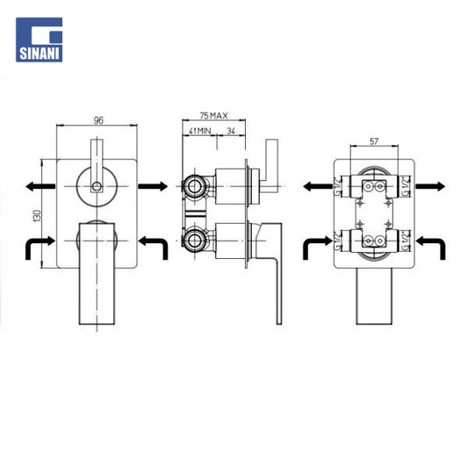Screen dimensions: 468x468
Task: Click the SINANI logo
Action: pyautogui.click(x=40, y=40)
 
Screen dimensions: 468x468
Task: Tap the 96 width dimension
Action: pyautogui.click(x=98, y=120)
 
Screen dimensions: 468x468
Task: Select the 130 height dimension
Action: pyautogui.click(x=37, y=215)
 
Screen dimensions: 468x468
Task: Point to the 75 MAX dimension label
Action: pyautogui.click(x=213, y=115)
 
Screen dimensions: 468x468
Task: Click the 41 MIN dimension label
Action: pyautogui.click(x=199, y=131)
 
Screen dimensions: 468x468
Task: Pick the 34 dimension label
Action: pyautogui.click(x=231, y=131)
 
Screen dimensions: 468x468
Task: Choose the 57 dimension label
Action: pyautogui.click(x=374, y=141)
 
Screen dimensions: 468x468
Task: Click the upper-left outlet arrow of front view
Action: pyautogui.click(x=40, y=186)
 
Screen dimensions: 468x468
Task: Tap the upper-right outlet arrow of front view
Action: pyautogui.click(x=153, y=186)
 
